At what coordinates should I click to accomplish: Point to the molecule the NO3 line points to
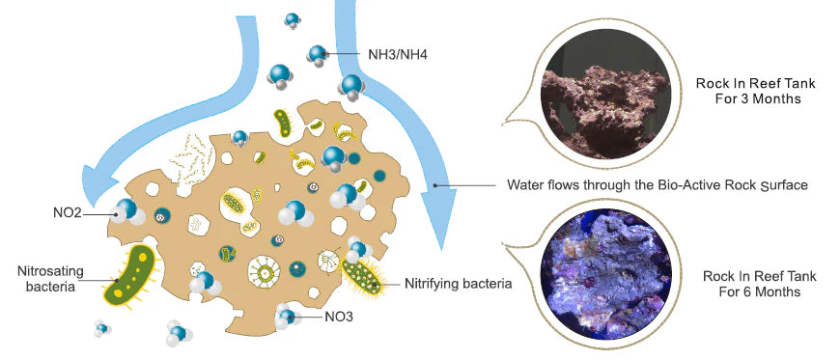[287, 317]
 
